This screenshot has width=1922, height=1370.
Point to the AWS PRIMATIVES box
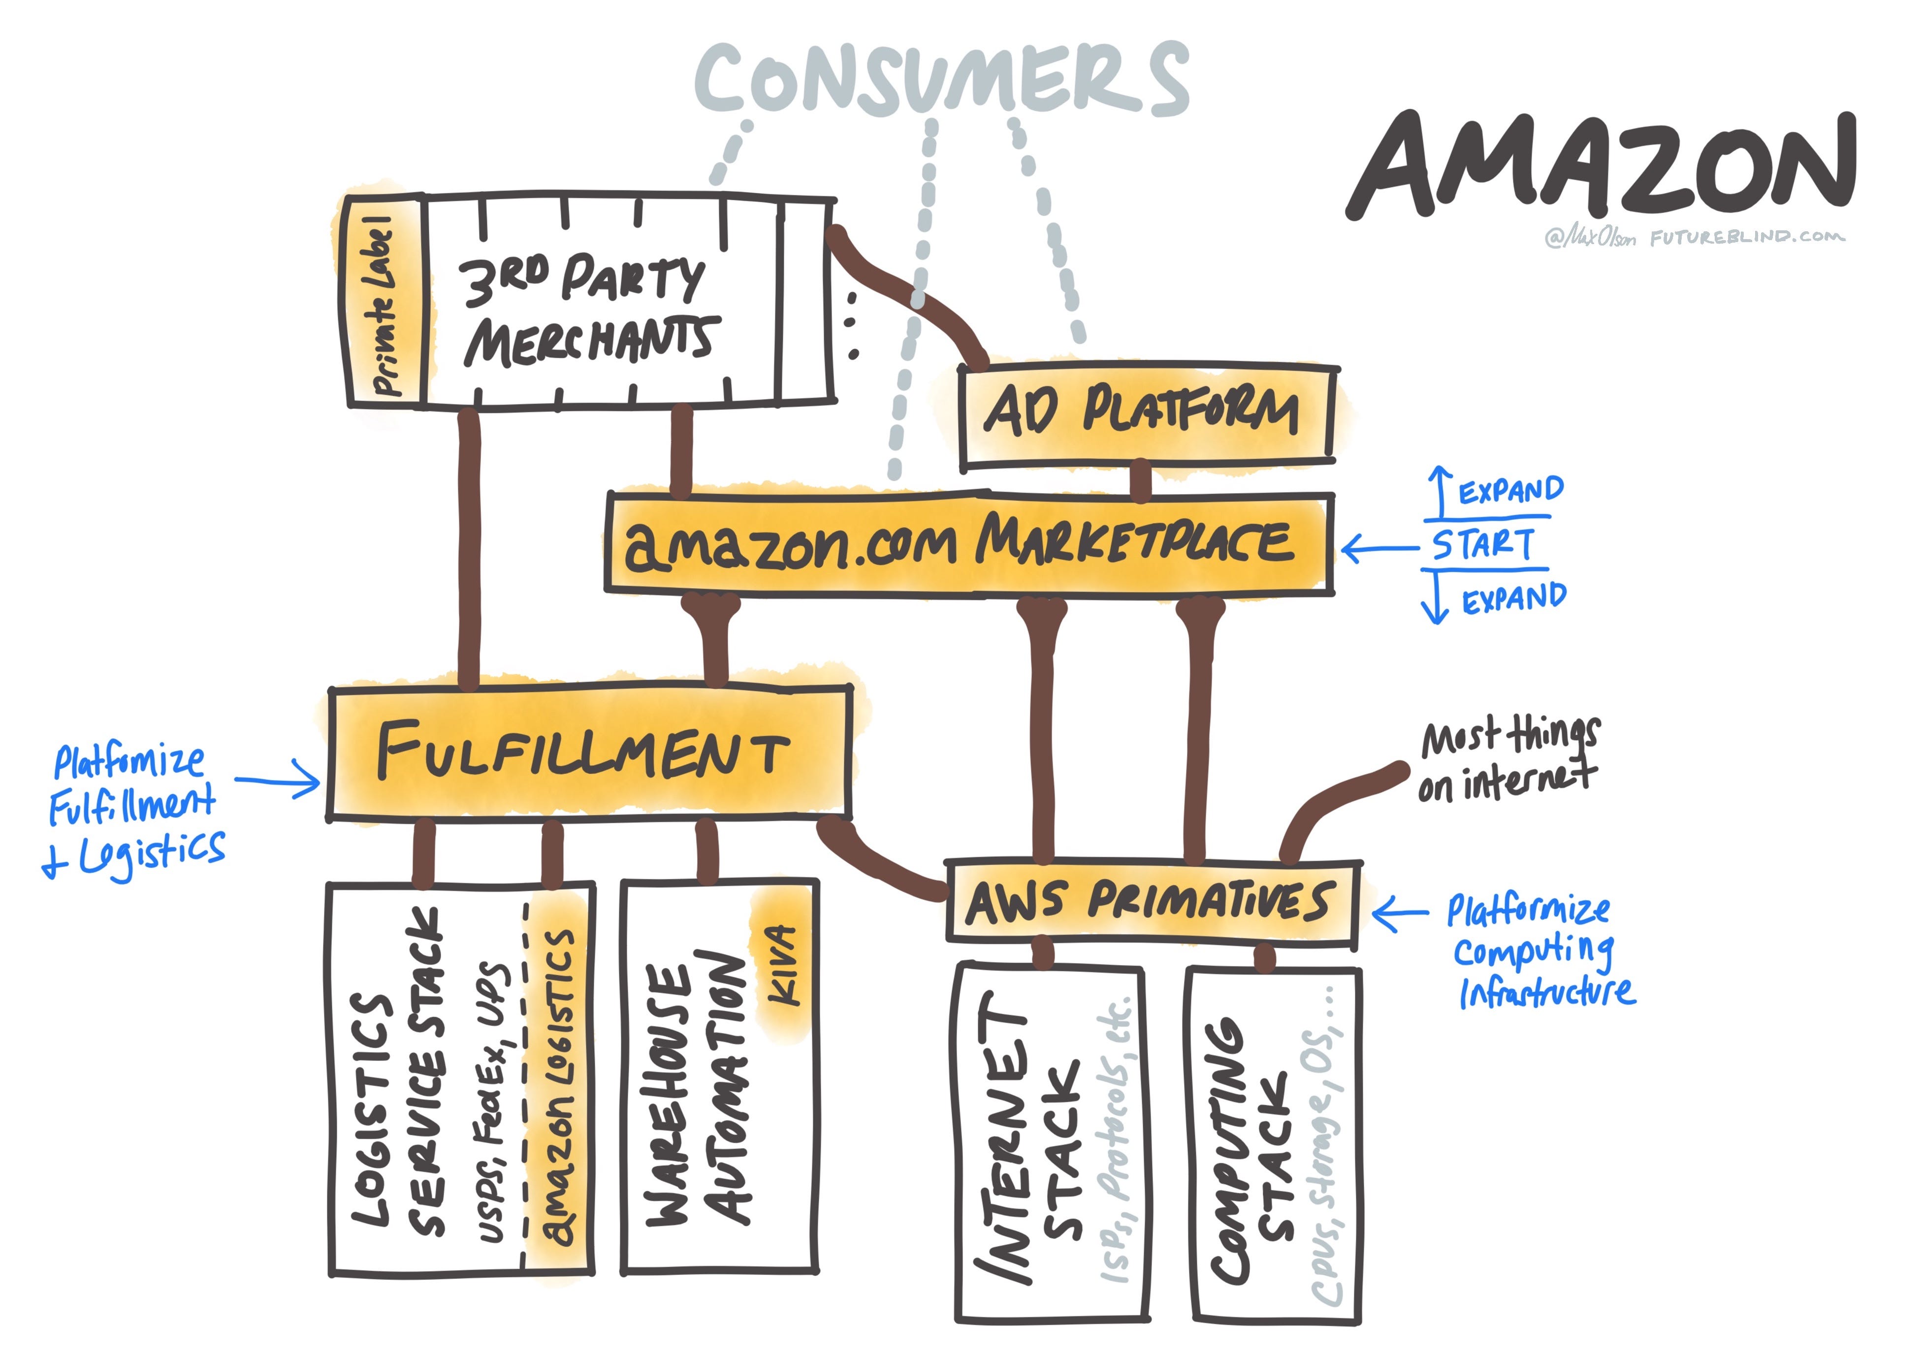[x=1151, y=902]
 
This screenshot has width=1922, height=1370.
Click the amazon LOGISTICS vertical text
[x=557, y=1088]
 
